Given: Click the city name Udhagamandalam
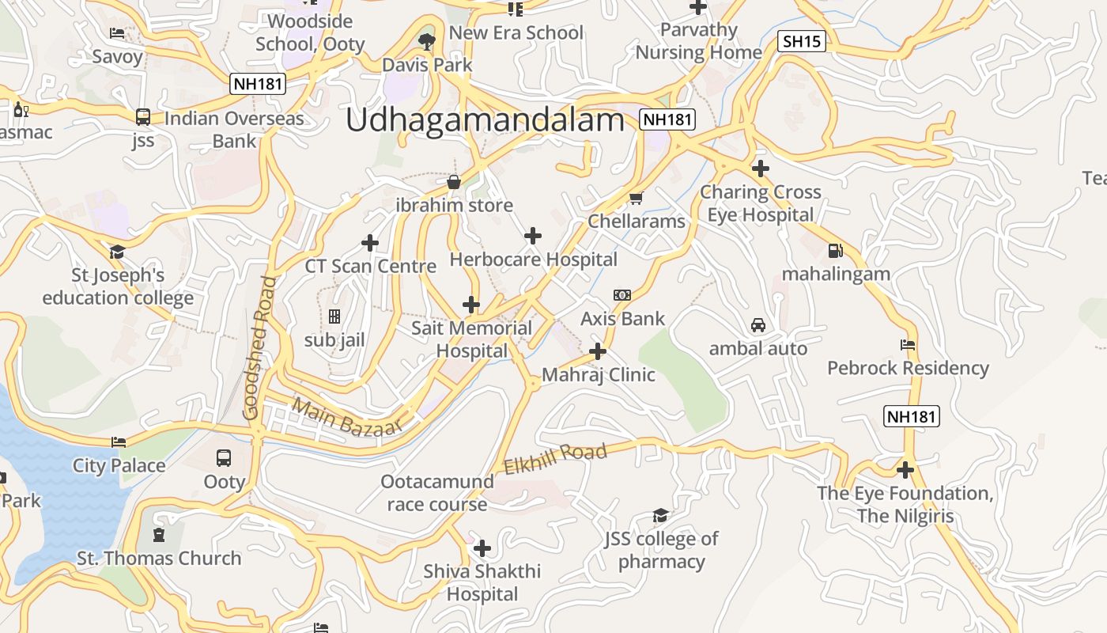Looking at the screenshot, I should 485,120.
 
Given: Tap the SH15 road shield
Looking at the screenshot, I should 802,41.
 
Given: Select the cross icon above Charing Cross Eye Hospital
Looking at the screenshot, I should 760,169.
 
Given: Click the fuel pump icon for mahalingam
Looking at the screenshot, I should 835,251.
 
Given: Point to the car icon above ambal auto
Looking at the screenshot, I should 758,325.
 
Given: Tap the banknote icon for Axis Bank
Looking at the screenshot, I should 622,295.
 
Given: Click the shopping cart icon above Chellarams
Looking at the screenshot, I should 636,198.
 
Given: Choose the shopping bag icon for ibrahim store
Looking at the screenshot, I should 454,183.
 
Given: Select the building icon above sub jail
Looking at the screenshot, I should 334,316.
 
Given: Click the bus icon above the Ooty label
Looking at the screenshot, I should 224,458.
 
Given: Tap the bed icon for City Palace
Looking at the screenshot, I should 119,442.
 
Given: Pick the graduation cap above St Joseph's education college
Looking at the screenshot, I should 117,252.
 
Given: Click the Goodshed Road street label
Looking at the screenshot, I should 261,348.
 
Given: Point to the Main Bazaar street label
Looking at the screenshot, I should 346,416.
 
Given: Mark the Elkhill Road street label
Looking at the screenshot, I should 555,457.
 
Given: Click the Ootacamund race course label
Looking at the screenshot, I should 436,493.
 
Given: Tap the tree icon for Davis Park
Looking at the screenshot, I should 427,42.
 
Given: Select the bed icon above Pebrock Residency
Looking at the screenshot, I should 908,345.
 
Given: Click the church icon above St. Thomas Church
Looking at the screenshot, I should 159,535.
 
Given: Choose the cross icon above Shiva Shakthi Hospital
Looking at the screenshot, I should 482,548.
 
